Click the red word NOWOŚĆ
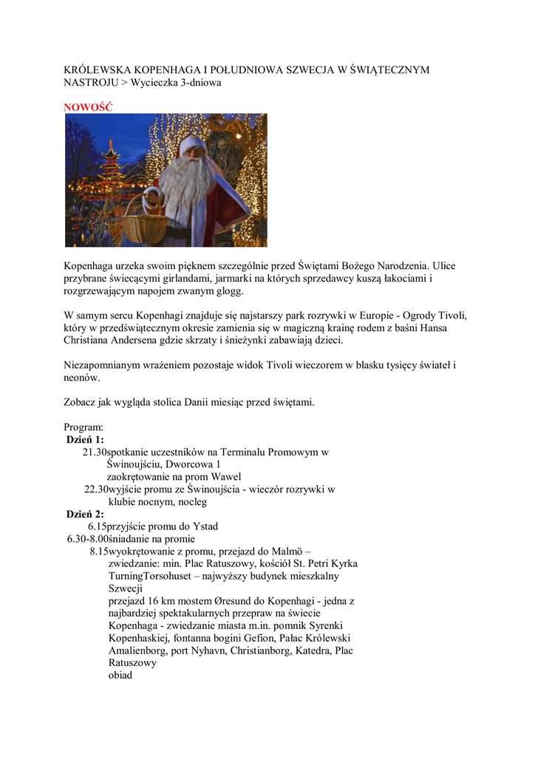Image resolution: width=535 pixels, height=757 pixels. click(88, 107)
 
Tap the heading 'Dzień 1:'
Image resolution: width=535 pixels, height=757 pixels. click(85, 439)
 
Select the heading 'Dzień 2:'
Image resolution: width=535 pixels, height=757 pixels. click(85, 514)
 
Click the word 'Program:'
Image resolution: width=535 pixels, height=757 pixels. click(84, 427)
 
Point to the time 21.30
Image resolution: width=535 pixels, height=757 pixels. click(94, 452)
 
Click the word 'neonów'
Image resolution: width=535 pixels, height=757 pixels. click(82, 377)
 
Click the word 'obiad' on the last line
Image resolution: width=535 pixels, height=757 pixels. click(120, 676)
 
